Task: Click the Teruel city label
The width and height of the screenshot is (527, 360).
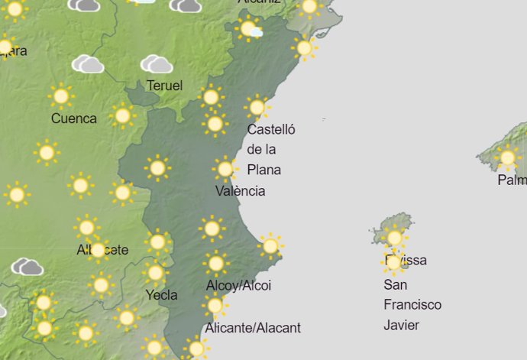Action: pos(164,86)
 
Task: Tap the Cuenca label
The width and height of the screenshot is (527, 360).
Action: pos(74,118)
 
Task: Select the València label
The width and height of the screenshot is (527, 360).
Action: pos(241,190)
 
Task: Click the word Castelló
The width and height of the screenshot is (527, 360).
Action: pos(271,129)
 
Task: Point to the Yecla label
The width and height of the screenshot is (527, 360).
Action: pos(161,295)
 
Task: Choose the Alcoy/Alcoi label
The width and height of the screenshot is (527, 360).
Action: pos(238,286)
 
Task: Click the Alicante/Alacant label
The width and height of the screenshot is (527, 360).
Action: pos(253,328)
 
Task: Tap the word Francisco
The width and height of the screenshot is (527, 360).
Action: pos(412,305)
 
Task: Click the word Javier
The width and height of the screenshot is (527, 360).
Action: pos(402,325)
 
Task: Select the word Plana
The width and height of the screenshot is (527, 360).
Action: pos(264,169)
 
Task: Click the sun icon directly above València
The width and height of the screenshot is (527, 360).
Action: pos(225,169)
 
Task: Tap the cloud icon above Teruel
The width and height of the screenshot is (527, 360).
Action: pos(156,63)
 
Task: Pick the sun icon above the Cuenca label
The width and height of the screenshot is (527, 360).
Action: pos(61,96)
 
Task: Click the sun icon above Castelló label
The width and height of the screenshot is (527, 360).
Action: pos(257,107)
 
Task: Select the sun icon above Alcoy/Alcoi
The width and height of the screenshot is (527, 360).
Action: pos(216,264)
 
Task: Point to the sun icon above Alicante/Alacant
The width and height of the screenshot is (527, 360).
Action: pos(215,306)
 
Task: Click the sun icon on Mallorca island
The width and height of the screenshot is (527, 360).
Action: pos(507,158)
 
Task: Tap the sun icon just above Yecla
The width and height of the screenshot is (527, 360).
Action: pos(156,273)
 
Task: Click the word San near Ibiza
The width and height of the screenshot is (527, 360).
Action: pos(395,285)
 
